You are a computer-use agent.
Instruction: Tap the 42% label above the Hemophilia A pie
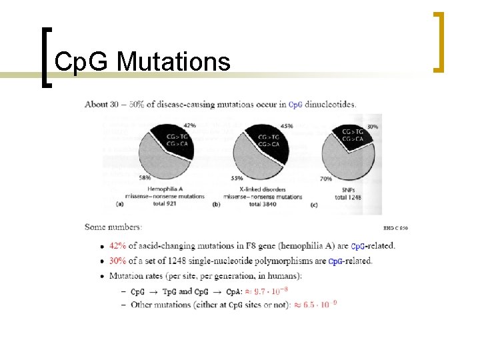pyautogui.click(x=189, y=125)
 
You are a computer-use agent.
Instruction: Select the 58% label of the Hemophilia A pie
pyautogui.click(x=144, y=178)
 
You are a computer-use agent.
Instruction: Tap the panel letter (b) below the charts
pyautogui.click(x=216, y=204)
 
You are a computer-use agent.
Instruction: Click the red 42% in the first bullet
pyautogui.click(x=118, y=245)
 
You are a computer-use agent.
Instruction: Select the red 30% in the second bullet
pyautogui.click(x=118, y=261)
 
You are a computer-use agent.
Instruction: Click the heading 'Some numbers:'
pyautogui.click(x=113, y=227)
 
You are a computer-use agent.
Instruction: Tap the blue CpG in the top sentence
pyautogui.click(x=296, y=104)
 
